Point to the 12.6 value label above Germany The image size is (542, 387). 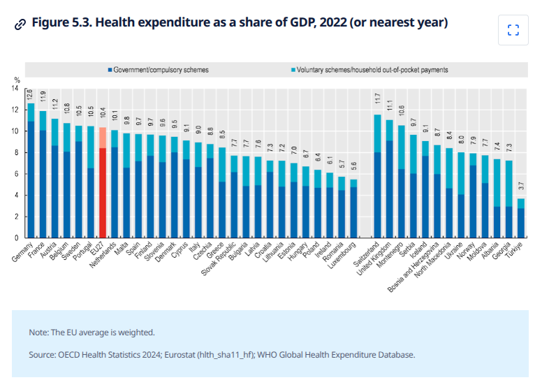tap(30, 95)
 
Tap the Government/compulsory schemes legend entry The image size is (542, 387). tap(156, 70)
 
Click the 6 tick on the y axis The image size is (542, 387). tap(18, 174)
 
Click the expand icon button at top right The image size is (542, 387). tap(513, 30)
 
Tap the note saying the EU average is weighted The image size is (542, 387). tap(91, 332)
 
